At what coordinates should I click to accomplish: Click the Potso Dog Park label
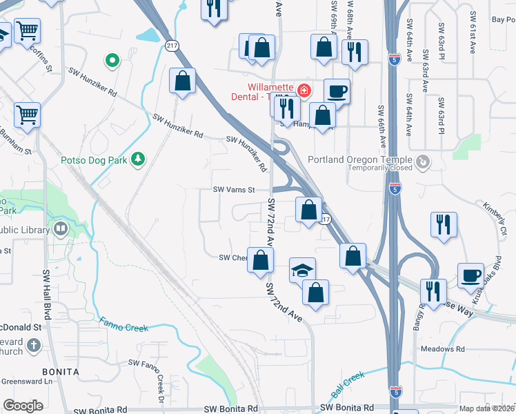tap(94, 160)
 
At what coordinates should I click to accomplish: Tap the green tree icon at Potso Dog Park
tap(139, 159)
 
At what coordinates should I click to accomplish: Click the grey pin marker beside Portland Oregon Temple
tap(424, 161)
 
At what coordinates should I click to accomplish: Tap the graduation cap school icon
tap(301, 270)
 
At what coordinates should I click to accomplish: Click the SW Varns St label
tap(234, 189)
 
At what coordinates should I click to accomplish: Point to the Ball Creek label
tap(347, 385)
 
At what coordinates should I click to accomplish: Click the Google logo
tap(23, 406)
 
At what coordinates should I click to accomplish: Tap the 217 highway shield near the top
tap(172, 44)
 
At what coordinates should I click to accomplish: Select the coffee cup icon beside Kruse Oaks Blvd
tap(472, 275)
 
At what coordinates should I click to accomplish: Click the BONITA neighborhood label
tap(59, 371)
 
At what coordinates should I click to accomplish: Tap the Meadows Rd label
tap(442, 349)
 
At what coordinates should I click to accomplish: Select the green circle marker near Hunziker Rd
tap(111, 61)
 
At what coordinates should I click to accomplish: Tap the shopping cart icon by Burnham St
tap(27, 113)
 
